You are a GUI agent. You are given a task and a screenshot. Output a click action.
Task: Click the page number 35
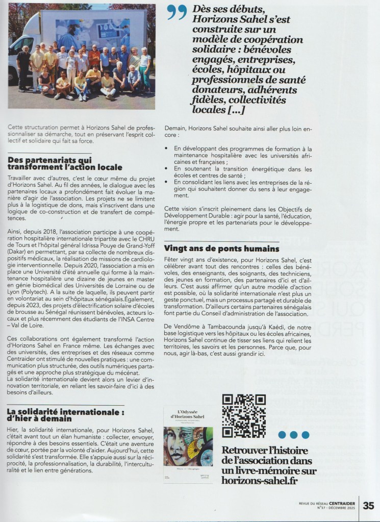(368, 505)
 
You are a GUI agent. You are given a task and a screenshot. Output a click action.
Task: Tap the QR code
(244, 416)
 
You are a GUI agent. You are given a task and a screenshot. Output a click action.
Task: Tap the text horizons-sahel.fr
(259, 481)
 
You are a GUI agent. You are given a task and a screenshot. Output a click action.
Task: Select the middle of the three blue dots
(293, 435)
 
